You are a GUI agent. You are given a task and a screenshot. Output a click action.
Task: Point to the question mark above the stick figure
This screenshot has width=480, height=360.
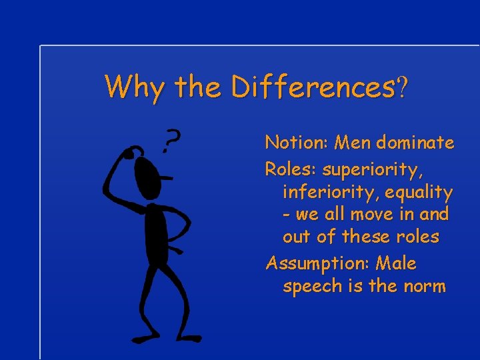[171, 141]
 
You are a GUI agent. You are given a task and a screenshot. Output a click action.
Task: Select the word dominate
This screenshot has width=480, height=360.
[414, 143]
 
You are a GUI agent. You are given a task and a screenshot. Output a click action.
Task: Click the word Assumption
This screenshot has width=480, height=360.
[317, 264]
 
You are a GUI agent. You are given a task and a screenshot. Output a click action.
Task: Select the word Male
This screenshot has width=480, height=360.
[396, 263]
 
